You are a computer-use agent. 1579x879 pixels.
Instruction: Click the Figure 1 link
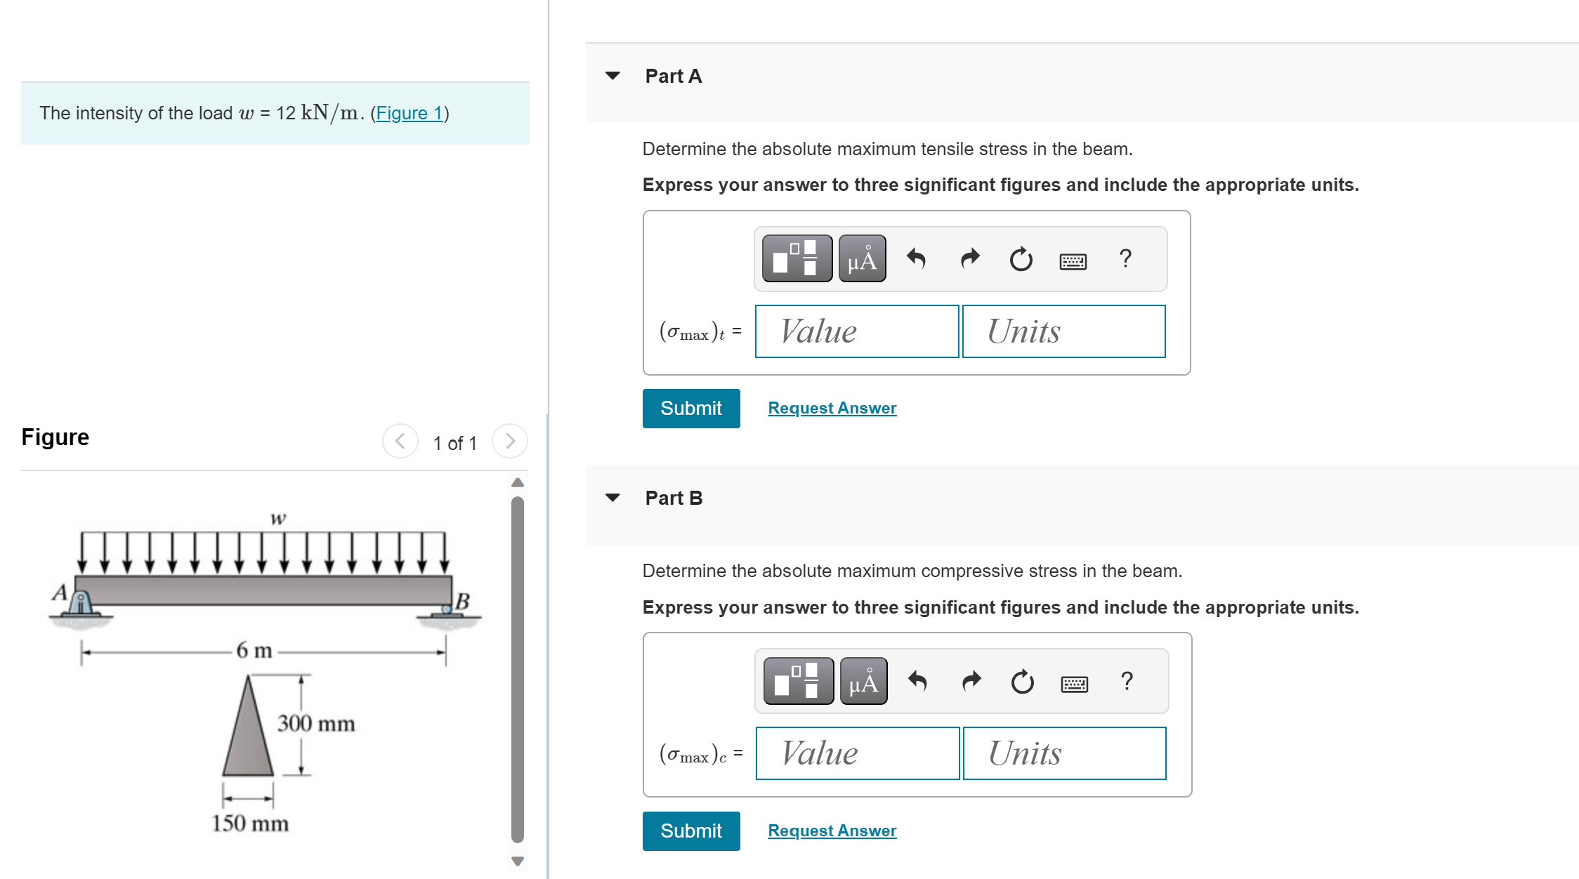tap(410, 113)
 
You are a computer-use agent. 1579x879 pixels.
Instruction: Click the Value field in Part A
tap(856, 331)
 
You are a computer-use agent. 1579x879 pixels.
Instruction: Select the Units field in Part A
tap(1063, 331)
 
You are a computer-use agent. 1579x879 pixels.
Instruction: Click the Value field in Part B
tap(857, 753)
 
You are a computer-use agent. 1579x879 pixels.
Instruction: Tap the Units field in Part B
tap(1064, 753)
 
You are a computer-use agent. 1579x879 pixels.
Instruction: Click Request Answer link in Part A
tap(832, 408)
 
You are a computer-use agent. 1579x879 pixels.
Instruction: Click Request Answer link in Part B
tap(832, 831)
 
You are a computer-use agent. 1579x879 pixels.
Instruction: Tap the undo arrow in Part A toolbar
tap(916, 259)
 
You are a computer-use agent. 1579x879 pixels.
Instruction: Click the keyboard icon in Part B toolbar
tap(1074, 683)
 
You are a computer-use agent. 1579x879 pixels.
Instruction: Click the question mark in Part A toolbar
tap(1125, 259)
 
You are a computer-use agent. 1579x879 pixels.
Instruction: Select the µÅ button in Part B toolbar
tap(863, 682)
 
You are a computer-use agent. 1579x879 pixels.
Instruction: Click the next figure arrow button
tap(510, 441)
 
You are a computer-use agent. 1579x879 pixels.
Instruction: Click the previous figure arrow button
tap(400, 441)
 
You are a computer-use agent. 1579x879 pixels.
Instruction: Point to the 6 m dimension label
tap(254, 650)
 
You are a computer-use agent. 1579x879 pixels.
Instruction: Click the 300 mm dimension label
tap(315, 723)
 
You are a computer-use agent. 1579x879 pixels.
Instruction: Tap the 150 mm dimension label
tap(250, 823)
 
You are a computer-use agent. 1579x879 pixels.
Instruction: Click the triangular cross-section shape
tap(248, 737)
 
